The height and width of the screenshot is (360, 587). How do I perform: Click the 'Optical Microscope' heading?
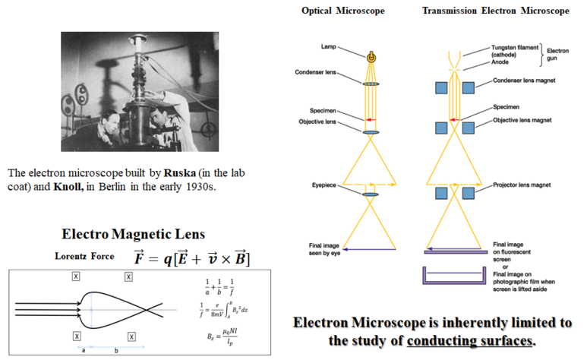[344, 11]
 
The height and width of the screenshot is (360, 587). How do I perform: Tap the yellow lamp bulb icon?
[371, 57]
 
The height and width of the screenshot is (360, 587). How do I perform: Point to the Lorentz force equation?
[191, 257]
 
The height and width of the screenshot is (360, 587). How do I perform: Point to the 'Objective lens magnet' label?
[517, 120]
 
